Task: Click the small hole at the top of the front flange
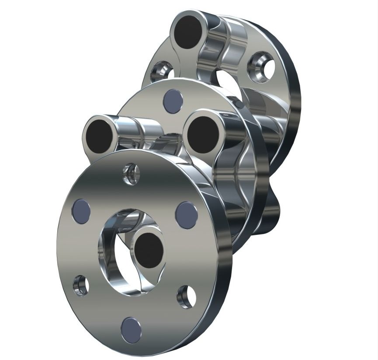131,174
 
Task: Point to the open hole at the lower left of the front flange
80,285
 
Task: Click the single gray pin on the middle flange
171,101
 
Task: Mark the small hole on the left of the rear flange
159,73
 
